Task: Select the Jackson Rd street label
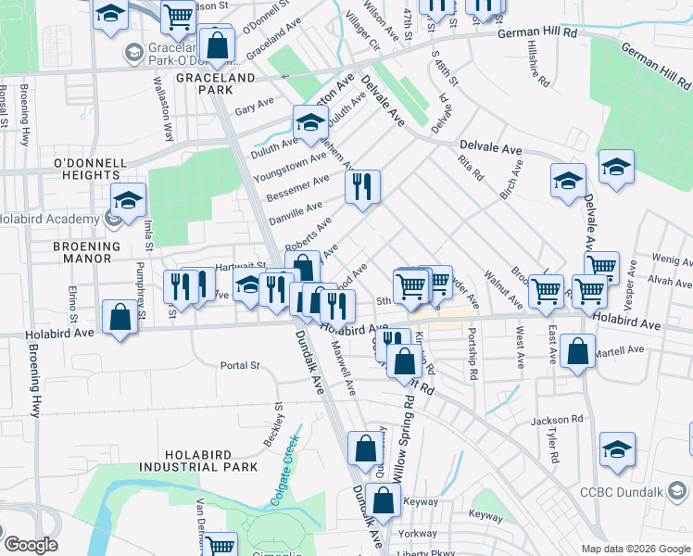pyautogui.click(x=556, y=421)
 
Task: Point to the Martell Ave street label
pyautogui.click(x=622, y=350)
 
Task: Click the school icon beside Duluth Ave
pyautogui.click(x=310, y=122)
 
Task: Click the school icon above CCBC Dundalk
pyautogui.click(x=617, y=449)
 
